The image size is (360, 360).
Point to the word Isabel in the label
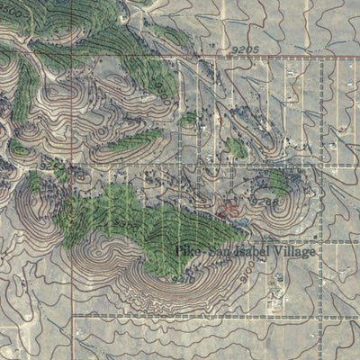[x=247, y=252]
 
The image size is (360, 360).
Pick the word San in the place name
[x=216, y=252]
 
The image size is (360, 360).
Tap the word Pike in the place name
[x=189, y=252]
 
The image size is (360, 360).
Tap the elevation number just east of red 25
[x=265, y=202]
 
